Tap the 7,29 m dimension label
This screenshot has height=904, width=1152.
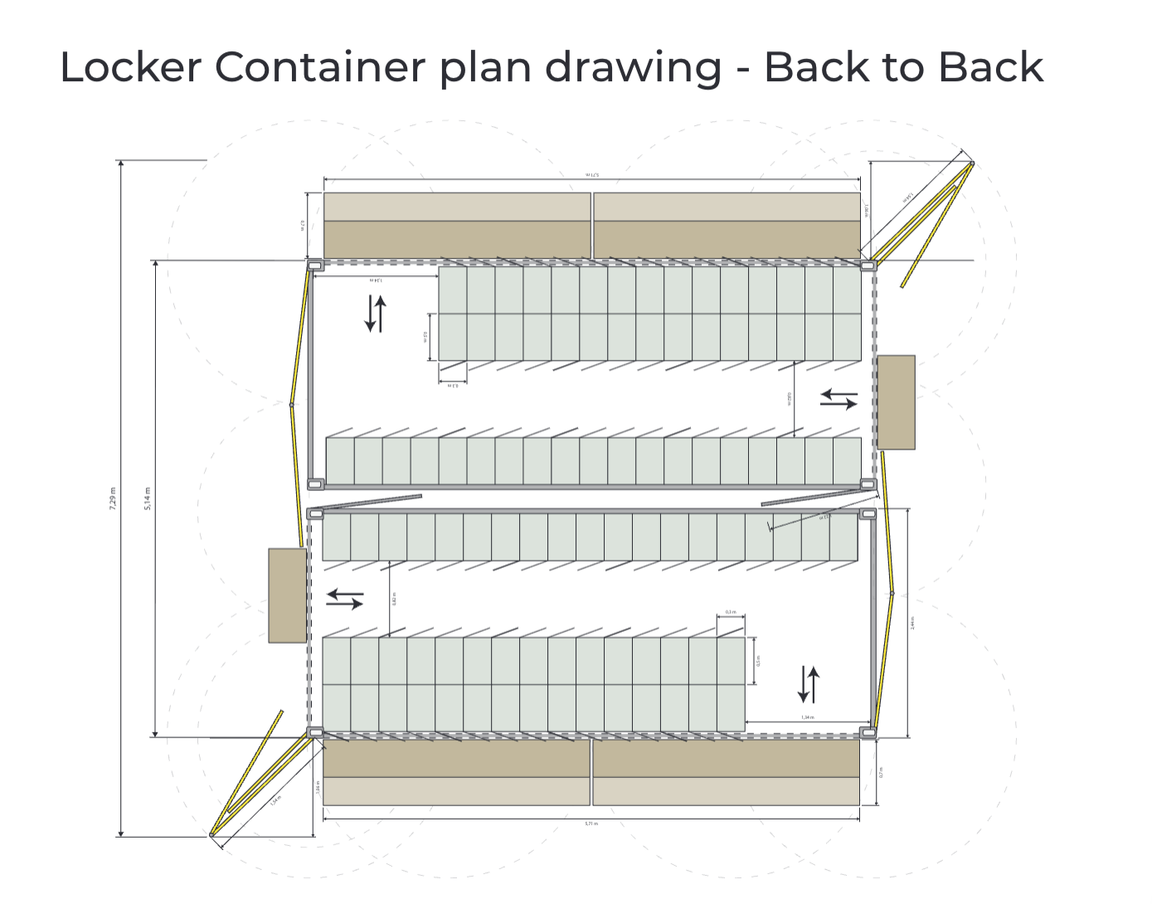[x=113, y=498]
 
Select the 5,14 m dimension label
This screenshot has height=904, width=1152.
[x=148, y=498]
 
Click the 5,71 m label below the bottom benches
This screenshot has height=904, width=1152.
[x=591, y=824]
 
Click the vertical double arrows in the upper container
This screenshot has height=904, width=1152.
[x=376, y=313]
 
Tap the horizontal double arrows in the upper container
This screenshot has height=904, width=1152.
[x=838, y=400]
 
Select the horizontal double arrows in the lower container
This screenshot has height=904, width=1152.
[x=344, y=598]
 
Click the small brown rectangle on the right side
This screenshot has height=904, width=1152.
[x=896, y=402]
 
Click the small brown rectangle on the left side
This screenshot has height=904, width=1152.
[x=288, y=595]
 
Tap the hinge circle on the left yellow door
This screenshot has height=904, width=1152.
[x=291, y=405]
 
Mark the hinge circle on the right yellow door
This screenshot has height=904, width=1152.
[x=892, y=594]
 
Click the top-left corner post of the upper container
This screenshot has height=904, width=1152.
[x=315, y=265]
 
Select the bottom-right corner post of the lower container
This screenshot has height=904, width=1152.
[x=868, y=732]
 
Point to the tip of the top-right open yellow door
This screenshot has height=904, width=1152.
[x=971, y=164]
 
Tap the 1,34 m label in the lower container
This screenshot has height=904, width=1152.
[x=807, y=717]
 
